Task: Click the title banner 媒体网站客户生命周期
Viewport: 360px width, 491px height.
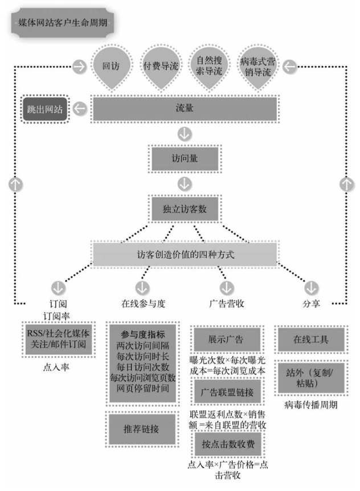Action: coord(63,23)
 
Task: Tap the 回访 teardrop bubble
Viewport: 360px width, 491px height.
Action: coord(111,67)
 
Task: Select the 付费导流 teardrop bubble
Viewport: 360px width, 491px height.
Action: coord(161,67)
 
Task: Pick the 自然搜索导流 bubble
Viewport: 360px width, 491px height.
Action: coord(209,67)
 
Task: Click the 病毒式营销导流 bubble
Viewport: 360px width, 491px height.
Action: coord(257,67)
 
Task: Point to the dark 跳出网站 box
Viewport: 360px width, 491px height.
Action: coord(45,109)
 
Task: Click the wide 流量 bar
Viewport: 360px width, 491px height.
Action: coord(185,108)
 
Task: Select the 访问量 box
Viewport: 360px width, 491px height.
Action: coord(185,159)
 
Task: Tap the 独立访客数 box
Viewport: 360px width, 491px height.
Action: coord(185,209)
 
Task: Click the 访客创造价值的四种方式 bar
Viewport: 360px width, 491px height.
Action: coord(185,254)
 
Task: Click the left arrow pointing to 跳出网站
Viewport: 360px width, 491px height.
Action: coord(80,109)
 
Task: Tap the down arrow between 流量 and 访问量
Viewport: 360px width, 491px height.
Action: coord(185,134)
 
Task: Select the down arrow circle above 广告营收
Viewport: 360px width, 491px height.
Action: coord(227,288)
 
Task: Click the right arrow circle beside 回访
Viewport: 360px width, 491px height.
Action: coord(80,67)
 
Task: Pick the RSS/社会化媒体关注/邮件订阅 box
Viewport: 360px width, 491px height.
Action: coord(58,339)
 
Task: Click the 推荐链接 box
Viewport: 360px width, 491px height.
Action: coord(141,429)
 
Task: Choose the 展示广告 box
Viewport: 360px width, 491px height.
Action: coord(227,339)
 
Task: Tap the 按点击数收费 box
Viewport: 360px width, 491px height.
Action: coord(228,444)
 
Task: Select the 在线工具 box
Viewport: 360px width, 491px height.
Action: coord(311,339)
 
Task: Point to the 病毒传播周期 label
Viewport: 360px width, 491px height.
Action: coord(311,405)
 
